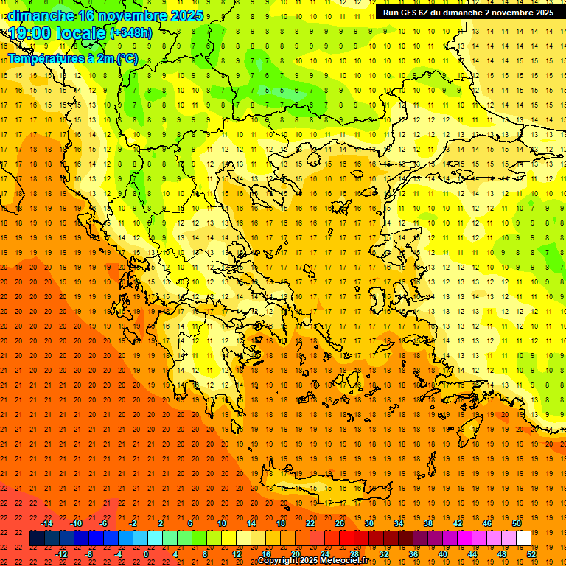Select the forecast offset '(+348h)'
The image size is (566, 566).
coord(130,33)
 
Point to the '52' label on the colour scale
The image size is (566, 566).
coord(531,553)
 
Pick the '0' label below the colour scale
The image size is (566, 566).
coord(145,553)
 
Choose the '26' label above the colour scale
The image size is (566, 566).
coord(340,523)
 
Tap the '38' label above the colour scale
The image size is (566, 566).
coord(428,523)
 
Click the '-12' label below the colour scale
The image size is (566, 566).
coord(61,553)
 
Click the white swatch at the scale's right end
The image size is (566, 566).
coord(523,539)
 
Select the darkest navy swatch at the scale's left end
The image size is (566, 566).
coord(37,539)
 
